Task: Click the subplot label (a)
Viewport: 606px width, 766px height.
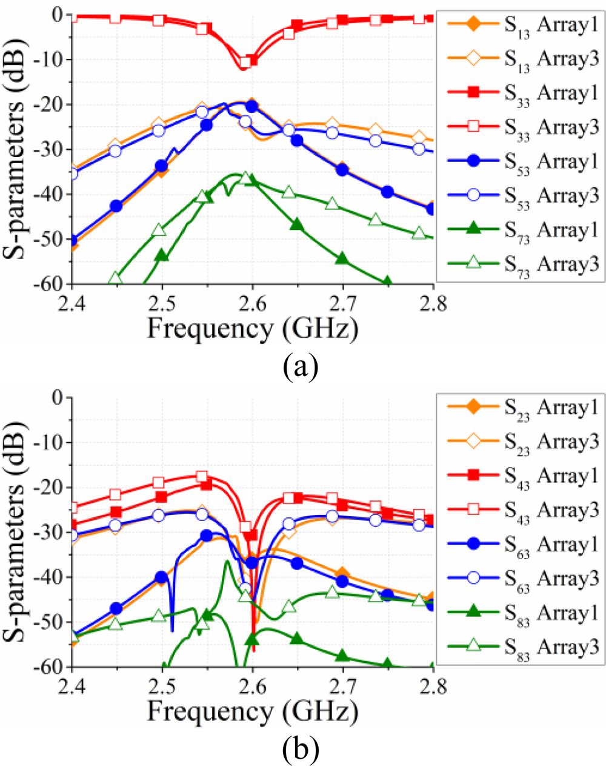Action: click(300, 366)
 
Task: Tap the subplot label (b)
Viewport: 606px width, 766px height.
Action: click(300, 750)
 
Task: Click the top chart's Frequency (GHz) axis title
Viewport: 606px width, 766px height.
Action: click(252, 329)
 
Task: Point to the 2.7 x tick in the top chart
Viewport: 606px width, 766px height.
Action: click(343, 302)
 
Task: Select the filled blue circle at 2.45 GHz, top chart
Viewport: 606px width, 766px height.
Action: click(116, 206)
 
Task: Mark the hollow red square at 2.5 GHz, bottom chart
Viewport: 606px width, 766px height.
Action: click(159, 483)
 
